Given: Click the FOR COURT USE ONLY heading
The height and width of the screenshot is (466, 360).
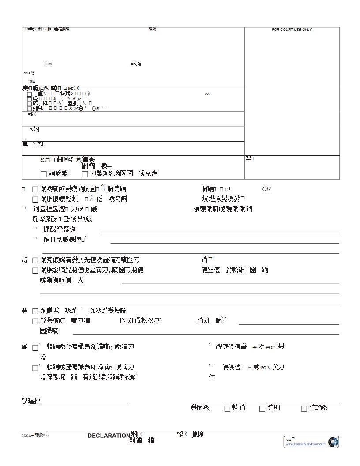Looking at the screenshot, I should coord(292,30).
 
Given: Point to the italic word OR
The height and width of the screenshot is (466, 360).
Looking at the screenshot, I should coord(266,189).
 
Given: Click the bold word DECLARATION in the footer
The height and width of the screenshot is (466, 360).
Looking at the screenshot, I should coord(109,436).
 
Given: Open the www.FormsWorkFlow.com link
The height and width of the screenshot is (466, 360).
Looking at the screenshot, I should coord(306,444).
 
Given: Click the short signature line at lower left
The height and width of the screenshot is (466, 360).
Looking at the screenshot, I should coord(82,404).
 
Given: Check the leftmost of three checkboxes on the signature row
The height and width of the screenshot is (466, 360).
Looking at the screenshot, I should coord(228,409).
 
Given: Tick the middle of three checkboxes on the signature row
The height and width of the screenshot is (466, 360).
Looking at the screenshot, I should coord(262,409).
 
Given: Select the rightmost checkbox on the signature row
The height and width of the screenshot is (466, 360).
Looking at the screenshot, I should coord(304,409).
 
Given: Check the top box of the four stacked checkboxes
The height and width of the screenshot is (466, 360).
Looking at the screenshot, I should coord(30,94).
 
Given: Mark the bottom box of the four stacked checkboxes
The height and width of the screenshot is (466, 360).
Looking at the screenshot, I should coord(30,109).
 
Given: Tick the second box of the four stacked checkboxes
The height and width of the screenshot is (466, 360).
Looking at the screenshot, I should coord(30,99).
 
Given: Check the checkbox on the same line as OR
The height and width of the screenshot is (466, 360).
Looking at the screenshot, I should coord(35,189).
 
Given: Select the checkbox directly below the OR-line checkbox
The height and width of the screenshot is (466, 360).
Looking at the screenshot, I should coord(35,199).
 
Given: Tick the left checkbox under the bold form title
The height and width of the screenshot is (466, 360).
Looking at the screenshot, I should coord(44,174).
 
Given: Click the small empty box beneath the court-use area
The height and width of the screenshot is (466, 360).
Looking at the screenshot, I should coord(292,167).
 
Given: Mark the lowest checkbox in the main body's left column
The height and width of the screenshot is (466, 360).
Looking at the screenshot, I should coord(35,368).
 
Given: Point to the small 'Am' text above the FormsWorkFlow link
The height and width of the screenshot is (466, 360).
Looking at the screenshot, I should coord(288,440).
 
